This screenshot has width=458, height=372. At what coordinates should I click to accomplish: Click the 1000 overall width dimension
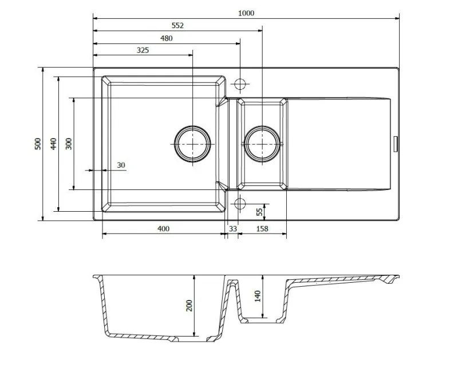point(246,13)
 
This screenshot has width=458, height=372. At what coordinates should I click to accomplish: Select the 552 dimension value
point(177,26)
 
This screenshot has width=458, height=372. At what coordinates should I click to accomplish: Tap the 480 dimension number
point(167,38)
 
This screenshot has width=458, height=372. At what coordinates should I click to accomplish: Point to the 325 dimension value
point(143,50)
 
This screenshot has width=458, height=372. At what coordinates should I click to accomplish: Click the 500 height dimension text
point(38,144)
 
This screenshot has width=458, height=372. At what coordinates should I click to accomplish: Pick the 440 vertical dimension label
point(53,144)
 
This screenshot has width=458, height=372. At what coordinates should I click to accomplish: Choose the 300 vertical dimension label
point(69,144)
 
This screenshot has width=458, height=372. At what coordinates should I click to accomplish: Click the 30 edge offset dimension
point(121,165)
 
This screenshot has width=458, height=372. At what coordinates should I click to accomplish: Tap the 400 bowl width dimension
point(163,228)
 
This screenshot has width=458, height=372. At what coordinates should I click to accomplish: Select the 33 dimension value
point(233,228)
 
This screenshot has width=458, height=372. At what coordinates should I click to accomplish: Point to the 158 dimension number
point(262,228)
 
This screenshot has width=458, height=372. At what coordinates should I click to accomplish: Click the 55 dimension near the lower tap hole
point(259,212)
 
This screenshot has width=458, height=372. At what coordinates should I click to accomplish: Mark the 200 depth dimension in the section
point(189,306)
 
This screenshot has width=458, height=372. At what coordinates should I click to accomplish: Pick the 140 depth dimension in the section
point(257,296)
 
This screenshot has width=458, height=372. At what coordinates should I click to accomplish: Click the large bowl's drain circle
point(192,144)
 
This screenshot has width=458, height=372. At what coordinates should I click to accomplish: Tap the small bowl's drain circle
point(262,144)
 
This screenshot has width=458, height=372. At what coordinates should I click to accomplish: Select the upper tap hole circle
point(240,84)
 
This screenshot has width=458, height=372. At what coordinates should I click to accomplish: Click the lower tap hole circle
point(240,204)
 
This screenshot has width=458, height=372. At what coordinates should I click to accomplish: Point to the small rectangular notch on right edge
point(396,144)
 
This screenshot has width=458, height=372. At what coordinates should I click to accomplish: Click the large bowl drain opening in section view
point(192,339)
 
